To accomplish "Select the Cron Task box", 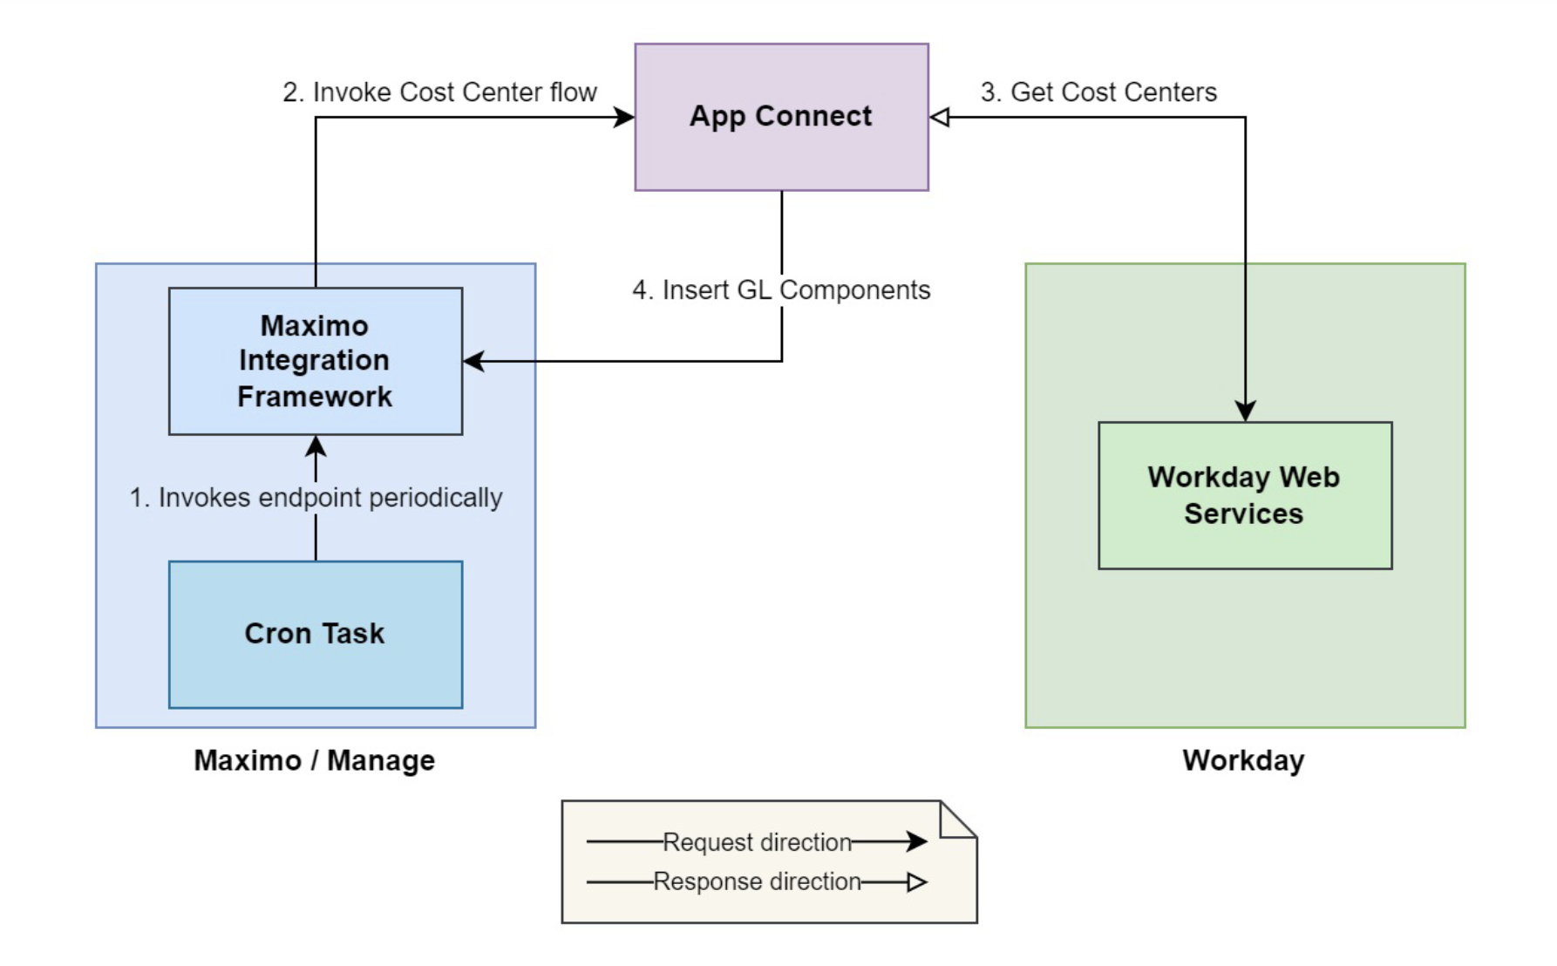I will (x=315, y=634).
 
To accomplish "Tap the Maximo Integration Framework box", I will (x=315, y=360).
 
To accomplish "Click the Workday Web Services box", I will (x=1244, y=495).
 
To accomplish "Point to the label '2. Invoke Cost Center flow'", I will (x=439, y=92).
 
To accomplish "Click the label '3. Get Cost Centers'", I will (x=1098, y=92).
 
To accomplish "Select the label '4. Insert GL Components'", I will (x=781, y=289).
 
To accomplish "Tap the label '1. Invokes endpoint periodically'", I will (x=316, y=497).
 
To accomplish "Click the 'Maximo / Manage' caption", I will (x=314, y=760).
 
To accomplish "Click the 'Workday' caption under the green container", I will (x=1243, y=760).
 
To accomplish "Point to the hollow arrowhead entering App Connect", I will (x=940, y=117).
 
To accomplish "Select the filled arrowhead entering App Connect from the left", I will (x=624, y=117).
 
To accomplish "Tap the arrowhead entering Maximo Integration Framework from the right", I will (x=474, y=361).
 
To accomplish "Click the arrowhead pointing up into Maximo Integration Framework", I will (x=316, y=446).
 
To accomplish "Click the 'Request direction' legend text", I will (x=757, y=842).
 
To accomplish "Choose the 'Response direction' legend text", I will (x=757, y=881).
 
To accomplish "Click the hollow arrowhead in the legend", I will (x=916, y=882).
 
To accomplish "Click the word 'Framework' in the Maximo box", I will (x=315, y=397).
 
